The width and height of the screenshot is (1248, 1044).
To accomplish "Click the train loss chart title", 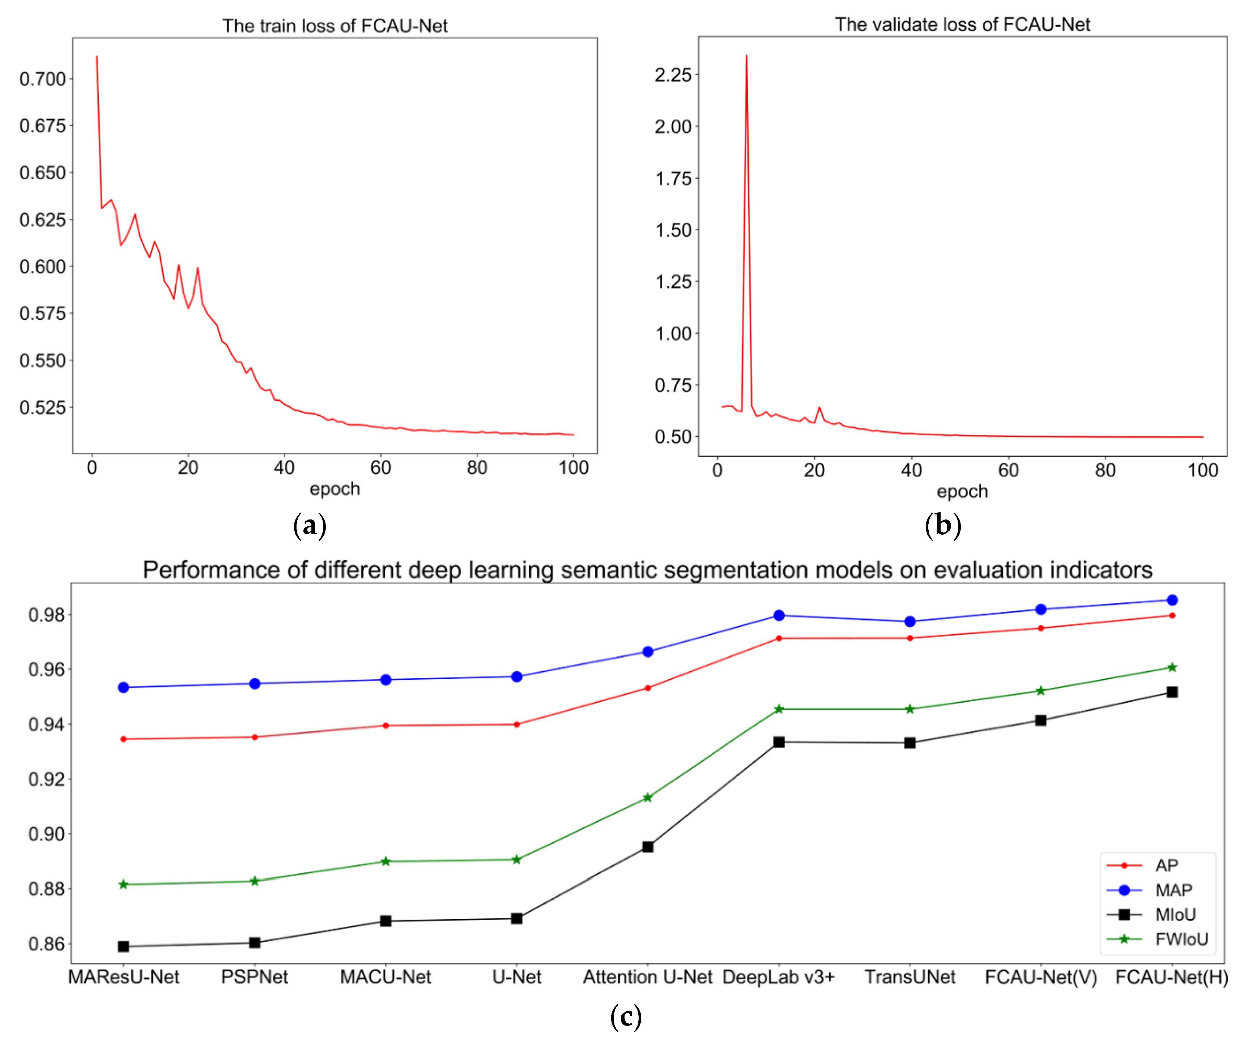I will [x=335, y=26].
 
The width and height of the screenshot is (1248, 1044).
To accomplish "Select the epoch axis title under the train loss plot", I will [x=335, y=488].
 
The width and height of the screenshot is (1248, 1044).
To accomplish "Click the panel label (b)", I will [x=942, y=525].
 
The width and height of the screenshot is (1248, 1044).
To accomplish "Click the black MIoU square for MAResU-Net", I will [x=124, y=946].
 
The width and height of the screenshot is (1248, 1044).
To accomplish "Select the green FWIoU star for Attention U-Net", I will [x=648, y=797].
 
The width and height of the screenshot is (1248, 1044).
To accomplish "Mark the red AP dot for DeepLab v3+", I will [x=779, y=638].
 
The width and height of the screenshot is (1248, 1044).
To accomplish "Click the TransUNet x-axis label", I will [x=909, y=977].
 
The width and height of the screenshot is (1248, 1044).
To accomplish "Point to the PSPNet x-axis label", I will [x=254, y=977].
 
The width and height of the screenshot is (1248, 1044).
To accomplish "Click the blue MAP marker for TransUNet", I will [x=909, y=621].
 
